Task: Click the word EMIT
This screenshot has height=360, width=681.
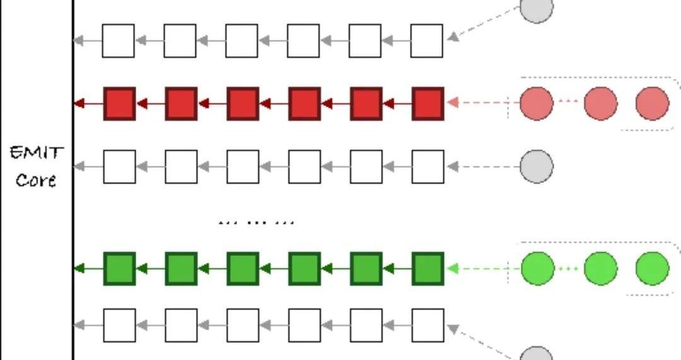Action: [x=37, y=153]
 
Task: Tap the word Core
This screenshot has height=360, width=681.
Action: [x=36, y=180]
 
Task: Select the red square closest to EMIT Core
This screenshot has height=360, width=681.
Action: [x=119, y=103]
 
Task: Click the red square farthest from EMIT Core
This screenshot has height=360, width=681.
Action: [x=428, y=103]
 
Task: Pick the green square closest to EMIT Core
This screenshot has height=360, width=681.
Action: [x=119, y=269]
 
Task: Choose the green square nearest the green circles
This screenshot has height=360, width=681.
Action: [x=428, y=269]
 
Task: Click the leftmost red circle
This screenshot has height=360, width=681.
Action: [x=537, y=103]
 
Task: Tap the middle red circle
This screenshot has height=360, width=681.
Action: [x=601, y=103]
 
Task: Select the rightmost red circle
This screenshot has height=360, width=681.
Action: [x=652, y=103]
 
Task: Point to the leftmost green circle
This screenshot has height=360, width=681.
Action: [x=537, y=269]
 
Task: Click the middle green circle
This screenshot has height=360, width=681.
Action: [x=601, y=269]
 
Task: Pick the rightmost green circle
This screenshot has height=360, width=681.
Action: [x=652, y=269]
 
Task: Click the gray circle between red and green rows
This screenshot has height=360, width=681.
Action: [x=537, y=166]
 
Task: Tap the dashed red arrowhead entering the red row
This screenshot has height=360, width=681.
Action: [x=452, y=103]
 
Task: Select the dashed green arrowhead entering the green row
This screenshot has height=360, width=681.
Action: [x=452, y=269]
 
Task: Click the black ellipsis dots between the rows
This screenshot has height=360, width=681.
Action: [x=256, y=223]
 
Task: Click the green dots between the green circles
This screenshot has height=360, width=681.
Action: [x=569, y=269]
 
